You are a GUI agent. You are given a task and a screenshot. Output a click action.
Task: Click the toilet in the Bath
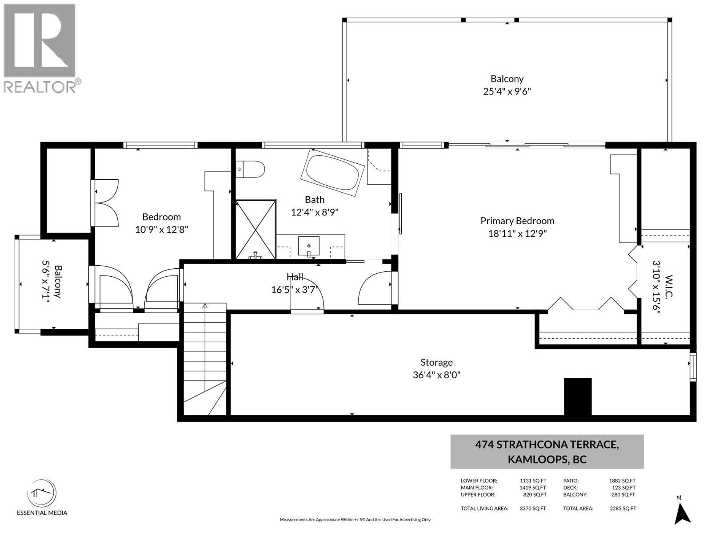tap(250, 169)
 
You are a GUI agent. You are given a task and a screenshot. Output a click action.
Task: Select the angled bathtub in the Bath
tap(333, 173)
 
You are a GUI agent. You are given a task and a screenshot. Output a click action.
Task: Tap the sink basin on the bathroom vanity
tap(309, 246)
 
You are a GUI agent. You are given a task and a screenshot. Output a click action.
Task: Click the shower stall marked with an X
tap(256, 229)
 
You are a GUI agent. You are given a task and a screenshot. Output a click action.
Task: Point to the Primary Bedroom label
tap(517, 221)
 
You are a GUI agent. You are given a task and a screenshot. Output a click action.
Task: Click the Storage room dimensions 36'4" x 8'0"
tap(437, 375)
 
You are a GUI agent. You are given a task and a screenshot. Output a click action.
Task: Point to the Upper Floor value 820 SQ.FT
tap(535, 494)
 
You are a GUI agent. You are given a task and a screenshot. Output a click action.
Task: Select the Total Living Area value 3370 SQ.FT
tap(533, 508)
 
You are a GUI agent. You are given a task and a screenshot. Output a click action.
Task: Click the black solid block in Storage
tap(578, 396)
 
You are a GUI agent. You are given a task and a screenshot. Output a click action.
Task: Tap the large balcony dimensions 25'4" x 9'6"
tap(507, 91)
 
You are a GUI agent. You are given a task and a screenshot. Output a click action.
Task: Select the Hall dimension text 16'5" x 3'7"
tap(295, 290)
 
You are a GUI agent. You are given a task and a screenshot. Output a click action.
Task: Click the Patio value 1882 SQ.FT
tap(622, 481)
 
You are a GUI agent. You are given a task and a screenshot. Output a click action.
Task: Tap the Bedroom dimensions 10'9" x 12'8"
tap(162, 230)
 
